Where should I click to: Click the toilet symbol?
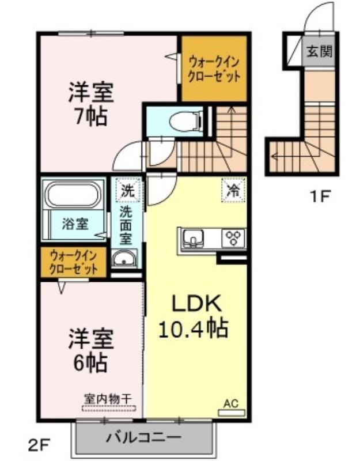[x=186, y=120]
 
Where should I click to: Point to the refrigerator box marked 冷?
[x=233, y=190]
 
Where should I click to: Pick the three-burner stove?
[x=234, y=237]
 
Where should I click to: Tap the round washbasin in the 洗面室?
[x=124, y=259]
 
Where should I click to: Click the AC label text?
[x=231, y=404]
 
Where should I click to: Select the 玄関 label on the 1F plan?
[x=320, y=51]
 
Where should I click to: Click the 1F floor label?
[x=320, y=196]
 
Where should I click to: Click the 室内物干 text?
[x=108, y=399]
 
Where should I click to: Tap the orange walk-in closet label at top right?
[x=214, y=69]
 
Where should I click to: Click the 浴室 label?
[x=75, y=224]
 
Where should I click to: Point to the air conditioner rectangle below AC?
[x=232, y=413]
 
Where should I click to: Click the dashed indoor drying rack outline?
[x=109, y=409]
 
